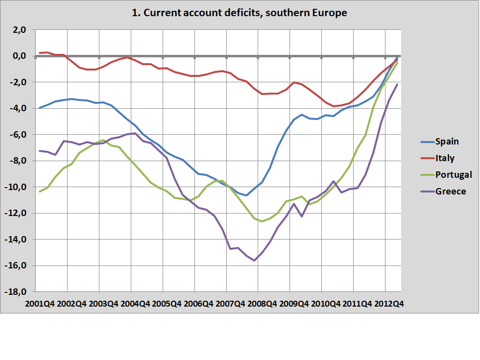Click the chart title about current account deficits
pos(240,13)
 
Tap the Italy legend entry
pos(445,158)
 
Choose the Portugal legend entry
pos(454,175)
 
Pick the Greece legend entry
pos(451,192)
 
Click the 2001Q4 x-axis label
pos(39,304)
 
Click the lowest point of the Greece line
pos(254,260)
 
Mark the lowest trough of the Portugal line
pos(262,221)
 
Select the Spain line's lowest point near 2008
pos(246,195)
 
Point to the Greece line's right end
pos(397,84)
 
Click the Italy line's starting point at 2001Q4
pos(40,53)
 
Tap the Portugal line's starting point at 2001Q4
pos(40,192)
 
